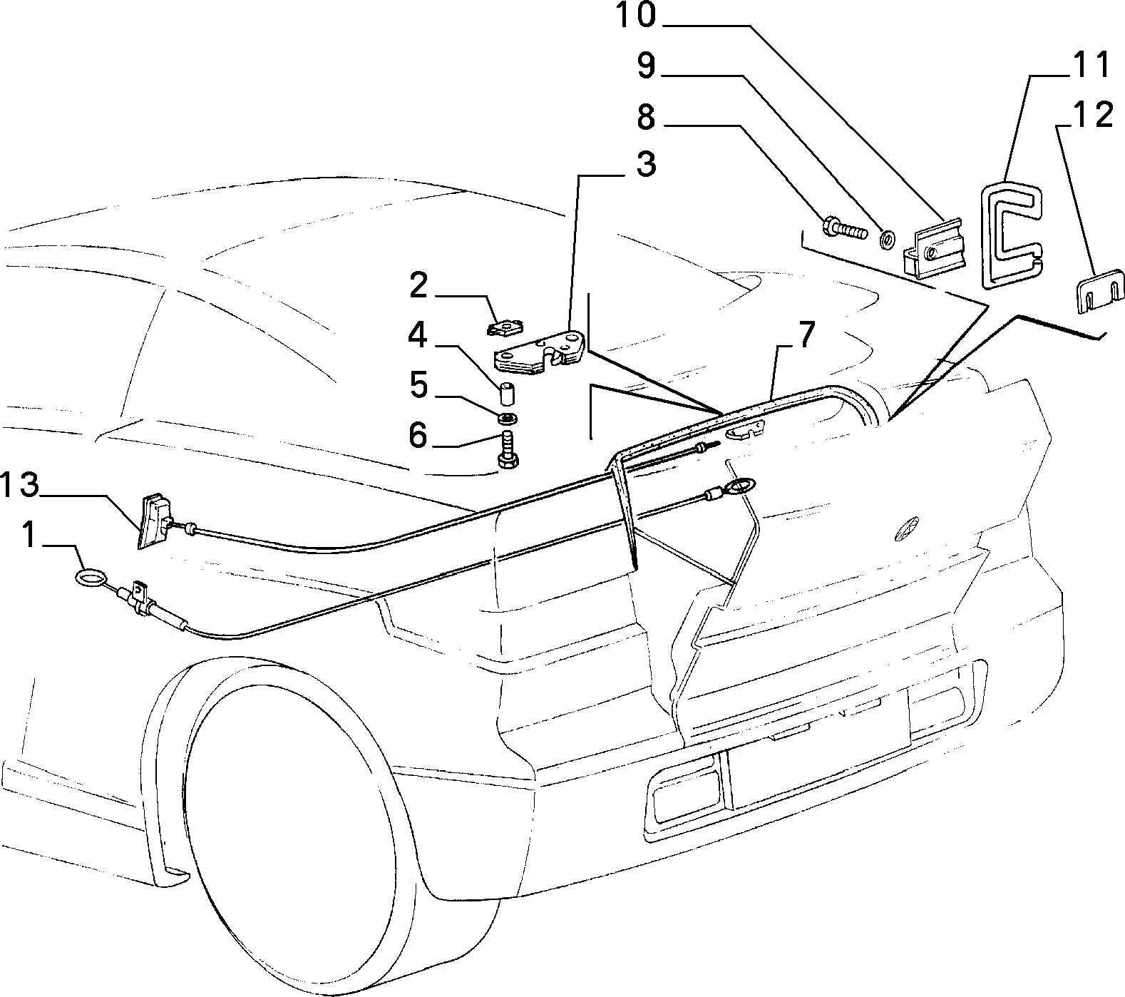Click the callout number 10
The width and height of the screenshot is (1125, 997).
635,15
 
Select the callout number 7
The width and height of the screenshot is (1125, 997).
804,334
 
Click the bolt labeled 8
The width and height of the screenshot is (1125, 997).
844,230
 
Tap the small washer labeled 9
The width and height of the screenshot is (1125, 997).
888,240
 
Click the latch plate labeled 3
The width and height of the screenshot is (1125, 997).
540,354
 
